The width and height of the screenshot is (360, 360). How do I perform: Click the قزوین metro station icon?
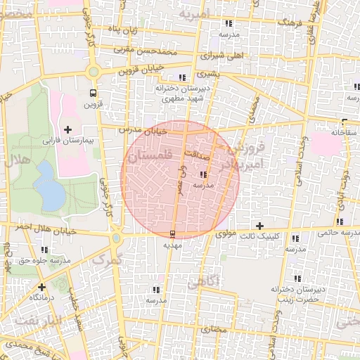[x=93, y=92]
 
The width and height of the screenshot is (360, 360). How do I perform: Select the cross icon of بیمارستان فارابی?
[x=68, y=129]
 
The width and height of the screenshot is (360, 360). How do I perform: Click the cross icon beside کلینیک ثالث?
[x=260, y=226]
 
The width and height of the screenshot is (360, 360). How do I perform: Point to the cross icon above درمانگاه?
[x=41, y=286]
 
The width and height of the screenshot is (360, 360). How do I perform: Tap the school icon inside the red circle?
[x=204, y=174]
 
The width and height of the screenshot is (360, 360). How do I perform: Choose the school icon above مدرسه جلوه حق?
[x=45, y=250]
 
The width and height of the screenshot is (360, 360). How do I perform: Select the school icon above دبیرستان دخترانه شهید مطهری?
[x=182, y=77]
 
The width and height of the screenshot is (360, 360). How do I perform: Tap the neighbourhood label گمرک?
[x=112, y=257]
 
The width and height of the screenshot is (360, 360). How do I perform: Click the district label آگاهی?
[x=205, y=281]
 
